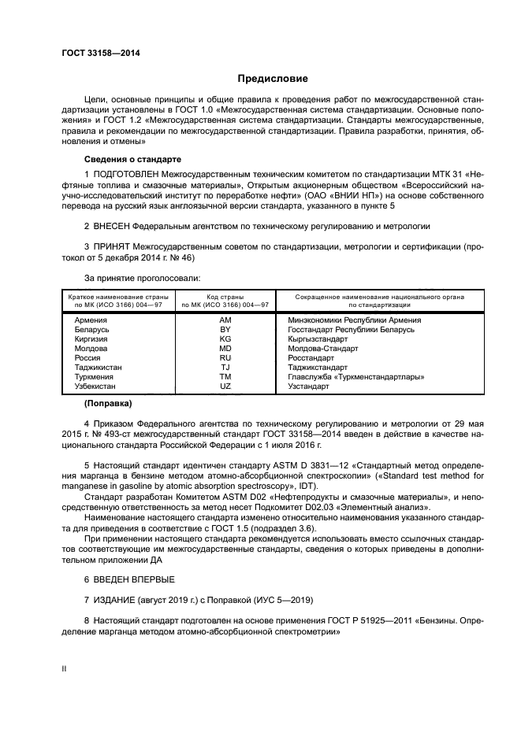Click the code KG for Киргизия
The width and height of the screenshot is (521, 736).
(x=225, y=338)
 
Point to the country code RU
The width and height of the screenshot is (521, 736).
(x=225, y=357)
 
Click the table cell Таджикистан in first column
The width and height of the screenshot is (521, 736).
(x=99, y=367)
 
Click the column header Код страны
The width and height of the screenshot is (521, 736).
(x=225, y=297)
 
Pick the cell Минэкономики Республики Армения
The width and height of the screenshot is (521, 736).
(x=346, y=320)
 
